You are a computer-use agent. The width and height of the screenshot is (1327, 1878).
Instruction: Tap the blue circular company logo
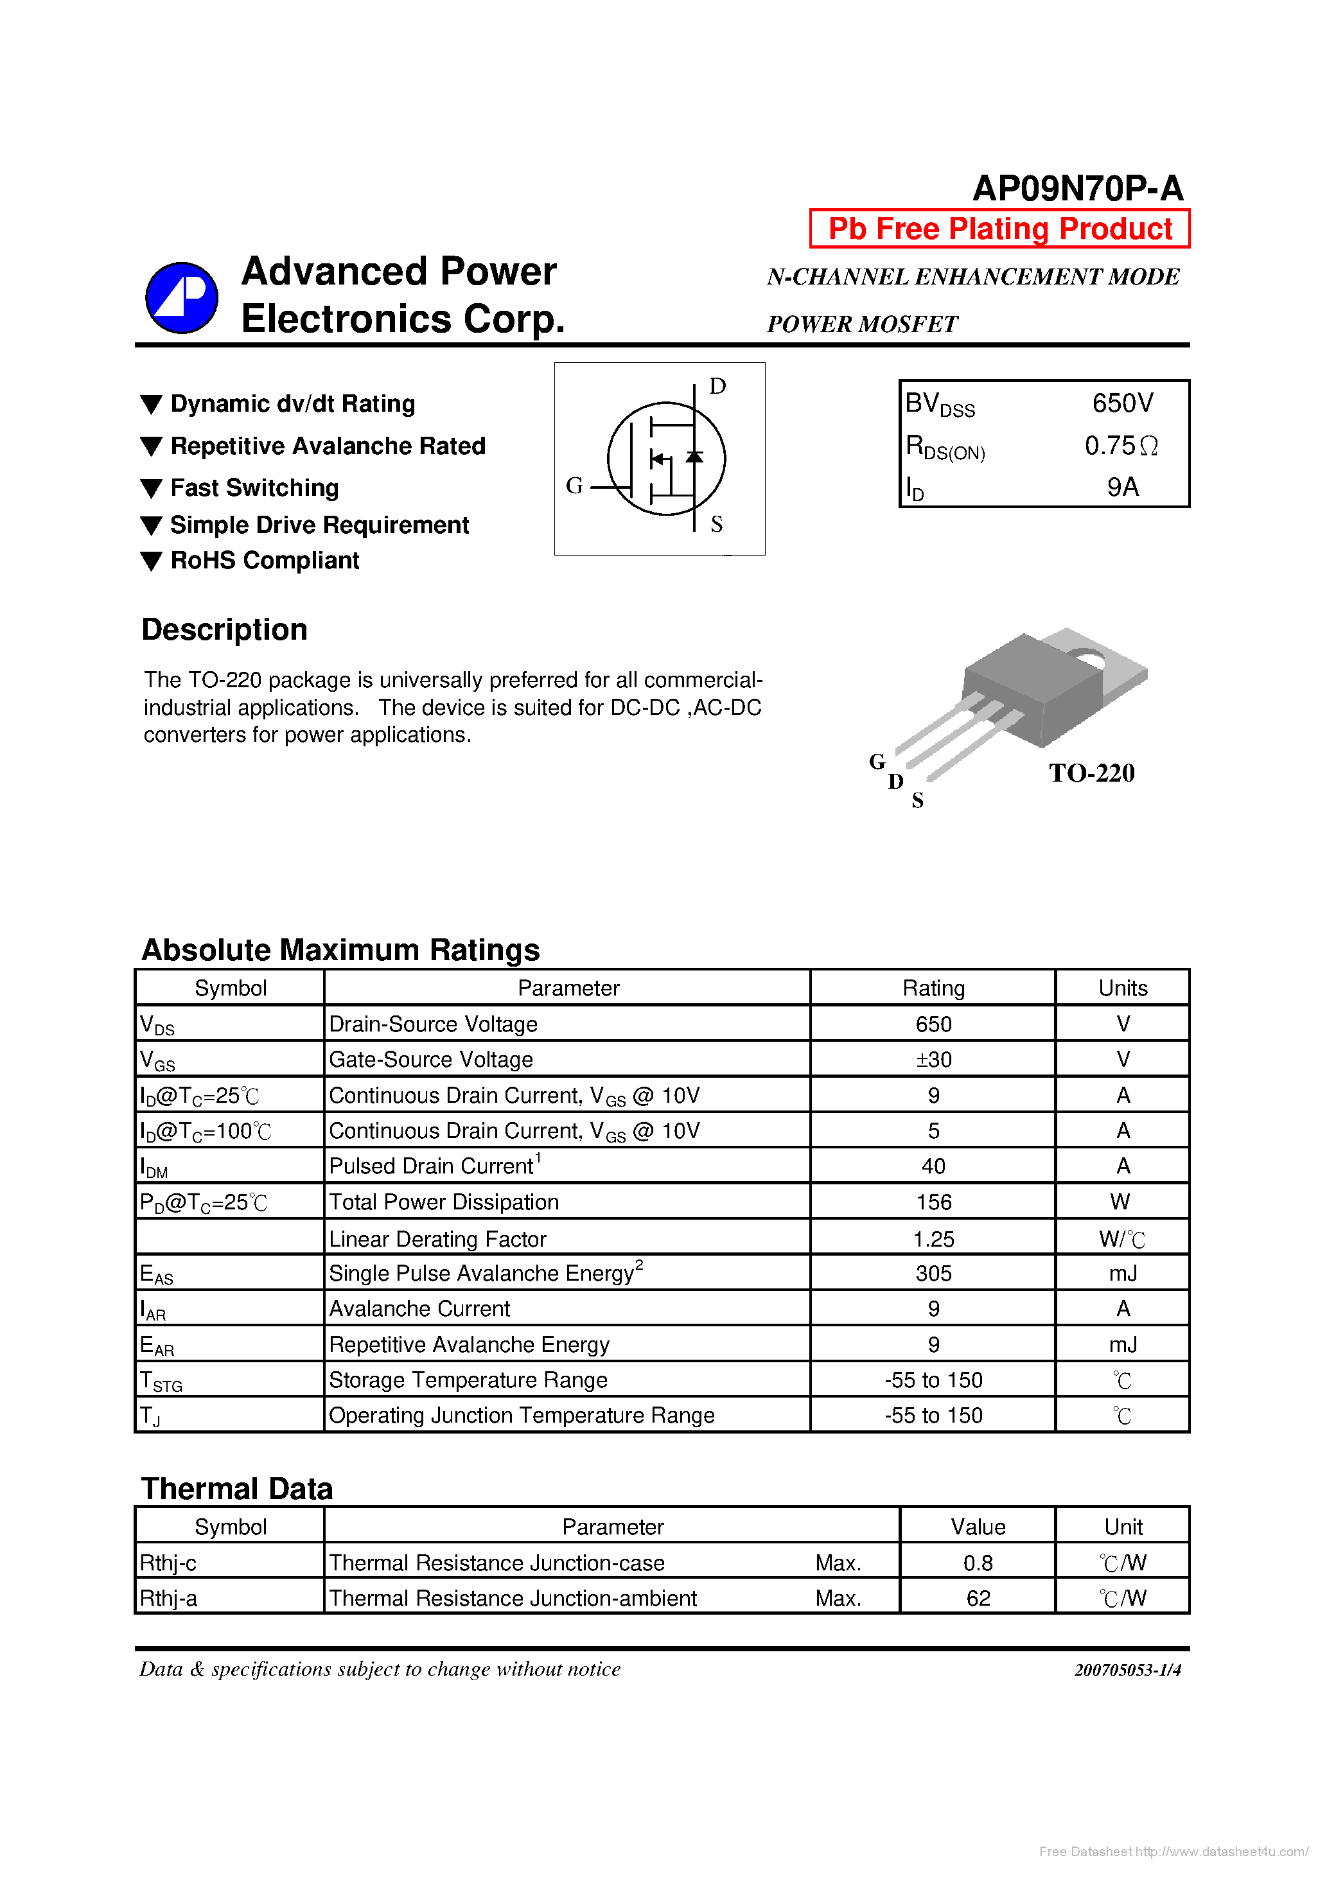point(182,298)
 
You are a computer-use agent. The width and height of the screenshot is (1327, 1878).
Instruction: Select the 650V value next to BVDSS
point(1123,403)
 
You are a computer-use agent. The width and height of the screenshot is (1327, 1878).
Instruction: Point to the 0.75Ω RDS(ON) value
point(1121,446)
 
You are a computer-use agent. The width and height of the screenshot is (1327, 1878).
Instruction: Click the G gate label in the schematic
point(574,486)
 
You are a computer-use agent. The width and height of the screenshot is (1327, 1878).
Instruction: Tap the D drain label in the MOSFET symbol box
point(717,386)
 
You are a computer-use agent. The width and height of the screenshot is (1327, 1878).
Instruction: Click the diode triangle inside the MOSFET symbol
point(694,457)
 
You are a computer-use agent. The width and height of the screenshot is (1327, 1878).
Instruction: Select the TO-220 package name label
point(1091,773)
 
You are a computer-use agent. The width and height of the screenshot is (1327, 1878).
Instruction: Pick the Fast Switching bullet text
point(254,487)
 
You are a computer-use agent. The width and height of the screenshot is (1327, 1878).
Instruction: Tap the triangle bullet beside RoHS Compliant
point(152,561)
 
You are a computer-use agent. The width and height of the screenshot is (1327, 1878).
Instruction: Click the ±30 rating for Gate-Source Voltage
point(933,1059)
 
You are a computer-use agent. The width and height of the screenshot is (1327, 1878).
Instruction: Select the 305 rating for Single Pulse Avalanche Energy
point(933,1273)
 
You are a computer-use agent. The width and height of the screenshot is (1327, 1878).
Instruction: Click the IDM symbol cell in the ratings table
point(154,1167)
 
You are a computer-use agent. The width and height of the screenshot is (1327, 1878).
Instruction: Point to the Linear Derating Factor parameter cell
point(437,1238)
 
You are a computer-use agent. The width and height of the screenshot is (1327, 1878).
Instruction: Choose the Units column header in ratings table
point(1123,988)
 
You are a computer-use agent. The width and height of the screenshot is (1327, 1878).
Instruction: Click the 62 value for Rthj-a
point(978,1597)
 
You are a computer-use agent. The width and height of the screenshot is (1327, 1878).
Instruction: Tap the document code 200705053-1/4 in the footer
point(1127,1669)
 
